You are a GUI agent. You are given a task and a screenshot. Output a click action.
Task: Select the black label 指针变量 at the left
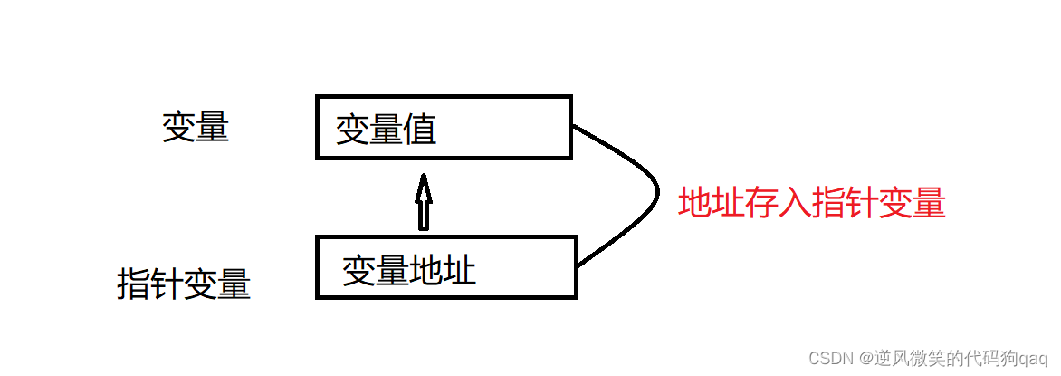[x=184, y=284]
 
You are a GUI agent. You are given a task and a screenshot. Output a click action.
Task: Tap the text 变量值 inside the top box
[x=387, y=129]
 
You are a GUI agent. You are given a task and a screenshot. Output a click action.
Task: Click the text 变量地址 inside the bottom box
[x=409, y=270]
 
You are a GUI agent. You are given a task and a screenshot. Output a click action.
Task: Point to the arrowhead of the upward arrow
[x=422, y=188]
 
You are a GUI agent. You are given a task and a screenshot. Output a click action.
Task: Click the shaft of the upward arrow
[x=422, y=216]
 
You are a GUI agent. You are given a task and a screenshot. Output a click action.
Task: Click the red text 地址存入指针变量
[x=812, y=202]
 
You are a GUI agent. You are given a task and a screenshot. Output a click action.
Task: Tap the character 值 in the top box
[x=421, y=129]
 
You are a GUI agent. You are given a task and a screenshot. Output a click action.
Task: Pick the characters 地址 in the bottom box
[x=443, y=270]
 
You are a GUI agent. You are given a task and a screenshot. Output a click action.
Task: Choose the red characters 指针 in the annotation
[x=846, y=202]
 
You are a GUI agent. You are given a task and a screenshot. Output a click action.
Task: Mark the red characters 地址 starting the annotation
[x=712, y=202]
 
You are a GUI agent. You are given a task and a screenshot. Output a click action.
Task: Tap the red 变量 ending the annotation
[x=913, y=202]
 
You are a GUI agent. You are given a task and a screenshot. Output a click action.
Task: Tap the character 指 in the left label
[x=133, y=284]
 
